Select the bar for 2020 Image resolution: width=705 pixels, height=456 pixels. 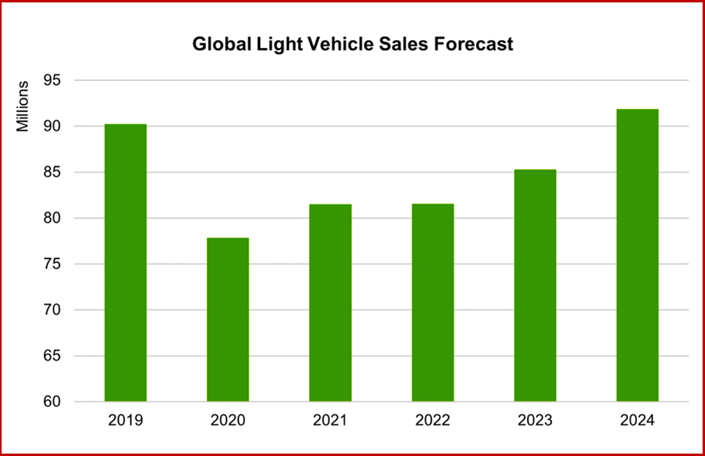click(228, 320)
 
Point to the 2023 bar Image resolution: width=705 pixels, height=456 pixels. click(535, 285)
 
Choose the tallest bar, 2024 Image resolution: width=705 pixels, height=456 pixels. click(638, 256)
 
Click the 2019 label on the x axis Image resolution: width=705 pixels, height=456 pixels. click(126, 420)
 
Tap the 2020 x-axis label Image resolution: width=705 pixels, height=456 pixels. click(228, 420)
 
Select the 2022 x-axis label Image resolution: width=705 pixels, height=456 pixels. click(433, 420)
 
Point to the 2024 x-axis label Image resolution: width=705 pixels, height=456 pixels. click(638, 420)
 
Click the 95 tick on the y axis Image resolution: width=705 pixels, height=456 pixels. click(63, 81)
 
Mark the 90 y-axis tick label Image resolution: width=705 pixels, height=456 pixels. click(63, 127)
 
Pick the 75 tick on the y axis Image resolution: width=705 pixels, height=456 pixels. click(63, 264)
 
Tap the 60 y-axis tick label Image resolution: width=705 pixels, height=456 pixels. click(63, 402)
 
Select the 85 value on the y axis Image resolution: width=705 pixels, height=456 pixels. click(63, 172)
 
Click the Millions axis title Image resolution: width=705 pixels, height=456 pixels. click(23, 106)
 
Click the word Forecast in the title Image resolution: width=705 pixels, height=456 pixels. click(472, 44)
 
